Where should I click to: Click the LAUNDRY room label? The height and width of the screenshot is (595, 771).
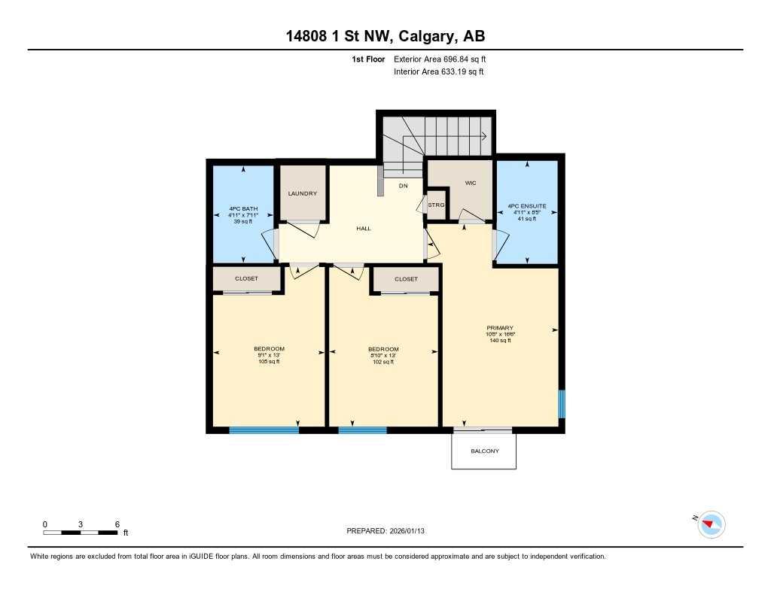pyautogui.click(x=303, y=193)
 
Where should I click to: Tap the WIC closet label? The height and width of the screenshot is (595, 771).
pyautogui.click(x=471, y=183)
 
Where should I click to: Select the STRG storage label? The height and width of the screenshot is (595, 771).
pyautogui.click(x=436, y=205)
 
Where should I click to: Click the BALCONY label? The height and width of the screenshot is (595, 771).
pyautogui.click(x=484, y=451)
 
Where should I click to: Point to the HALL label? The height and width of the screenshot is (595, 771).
pyautogui.click(x=364, y=229)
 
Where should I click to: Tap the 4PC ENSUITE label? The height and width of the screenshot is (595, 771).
pyautogui.click(x=526, y=205)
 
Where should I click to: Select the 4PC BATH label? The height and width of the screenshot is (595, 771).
pyautogui.click(x=243, y=209)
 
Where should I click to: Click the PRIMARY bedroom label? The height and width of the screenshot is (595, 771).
pyautogui.click(x=500, y=327)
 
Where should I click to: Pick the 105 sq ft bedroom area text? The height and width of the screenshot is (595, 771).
pyautogui.click(x=269, y=362)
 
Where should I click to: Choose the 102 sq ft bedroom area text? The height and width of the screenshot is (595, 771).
pyautogui.click(x=383, y=362)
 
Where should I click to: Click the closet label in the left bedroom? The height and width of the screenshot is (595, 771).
pyautogui.click(x=246, y=278)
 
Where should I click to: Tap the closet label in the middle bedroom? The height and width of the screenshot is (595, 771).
pyautogui.click(x=406, y=278)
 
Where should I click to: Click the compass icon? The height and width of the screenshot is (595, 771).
pyautogui.click(x=712, y=524)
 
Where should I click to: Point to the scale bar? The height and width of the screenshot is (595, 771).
pyautogui.click(x=80, y=533)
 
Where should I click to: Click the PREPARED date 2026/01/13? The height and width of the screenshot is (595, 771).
pyautogui.click(x=390, y=531)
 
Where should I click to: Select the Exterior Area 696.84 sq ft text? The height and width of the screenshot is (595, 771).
pyautogui.click(x=445, y=59)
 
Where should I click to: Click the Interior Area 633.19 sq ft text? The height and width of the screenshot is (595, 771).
pyautogui.click(x=438, y=72)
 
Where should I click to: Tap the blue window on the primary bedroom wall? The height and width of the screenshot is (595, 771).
pyautogui.click(x=561, y=403)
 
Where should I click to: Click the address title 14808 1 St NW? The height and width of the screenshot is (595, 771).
pyautogui.click(x=385, y=35)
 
